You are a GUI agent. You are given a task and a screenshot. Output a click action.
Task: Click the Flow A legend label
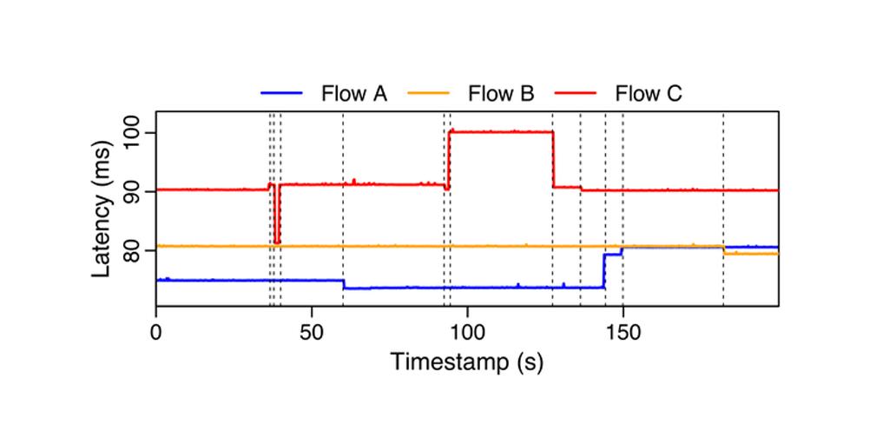pos(354,93)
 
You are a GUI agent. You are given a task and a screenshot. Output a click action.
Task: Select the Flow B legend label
pos(501,93)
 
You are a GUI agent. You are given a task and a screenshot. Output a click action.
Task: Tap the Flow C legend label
pos(649,93)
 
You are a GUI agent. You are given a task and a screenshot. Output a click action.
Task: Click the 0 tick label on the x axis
pos(156,332)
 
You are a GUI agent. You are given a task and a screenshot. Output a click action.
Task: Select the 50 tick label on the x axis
pos(312,332)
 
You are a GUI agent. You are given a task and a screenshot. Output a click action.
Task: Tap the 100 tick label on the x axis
pos(467,332)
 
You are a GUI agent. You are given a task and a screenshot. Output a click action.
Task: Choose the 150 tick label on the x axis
pos(622,332)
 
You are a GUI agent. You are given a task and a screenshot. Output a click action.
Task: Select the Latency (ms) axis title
pos(102,209)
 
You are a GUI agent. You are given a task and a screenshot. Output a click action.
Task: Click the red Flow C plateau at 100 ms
pos(501,132)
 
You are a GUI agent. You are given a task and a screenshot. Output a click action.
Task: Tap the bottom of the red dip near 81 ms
pos(277,242)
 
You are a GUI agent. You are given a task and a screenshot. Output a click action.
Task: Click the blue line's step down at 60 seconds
pos(343,284)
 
